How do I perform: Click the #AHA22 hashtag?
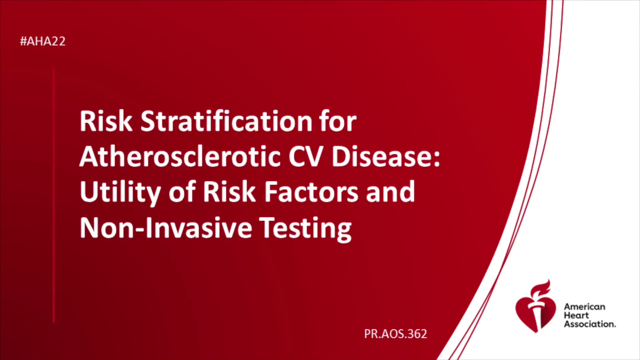pos(43,41)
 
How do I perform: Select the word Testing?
pos(305,229)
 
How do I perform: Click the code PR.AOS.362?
pos(395,334)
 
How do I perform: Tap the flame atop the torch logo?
pos(541,289)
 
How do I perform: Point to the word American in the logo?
pos(584,307)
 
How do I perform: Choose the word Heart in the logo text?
pos(576,315)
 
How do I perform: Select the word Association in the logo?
pos(590,324)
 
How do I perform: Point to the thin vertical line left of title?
pos(54,196)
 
